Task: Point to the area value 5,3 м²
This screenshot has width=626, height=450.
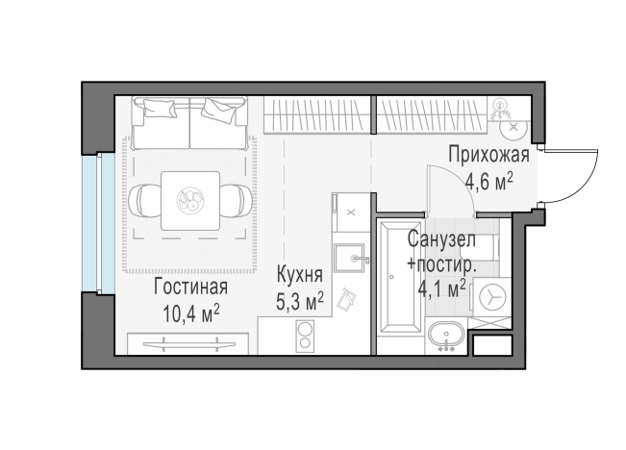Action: coord(299,302)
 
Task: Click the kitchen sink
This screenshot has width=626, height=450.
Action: coord(351,259)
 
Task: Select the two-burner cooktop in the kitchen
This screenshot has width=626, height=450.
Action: coord(305,337)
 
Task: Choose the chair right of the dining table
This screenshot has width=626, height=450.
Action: coord(236,200)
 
